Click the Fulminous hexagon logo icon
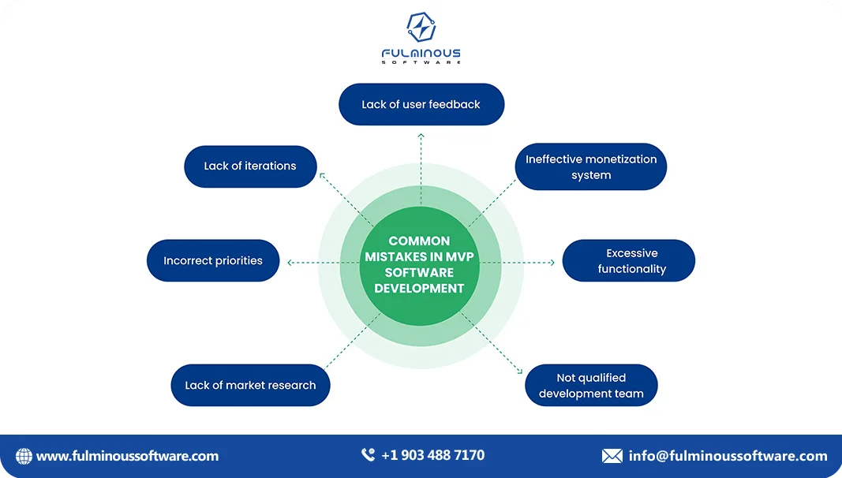click(421, 28)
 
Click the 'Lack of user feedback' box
click(421, 104)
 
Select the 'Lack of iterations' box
click(250, 166)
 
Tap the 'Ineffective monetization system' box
click(591, 167)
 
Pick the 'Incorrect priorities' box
click(213, 261)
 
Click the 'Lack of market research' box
click(250, 386)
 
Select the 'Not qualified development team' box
click(591, 386)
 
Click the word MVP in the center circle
click(458, 256)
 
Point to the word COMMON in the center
click(419, 241)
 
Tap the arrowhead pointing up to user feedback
click(421, 136)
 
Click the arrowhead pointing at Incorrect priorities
click(290, 262)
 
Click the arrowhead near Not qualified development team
click(518, 370)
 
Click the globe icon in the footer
click(24, 456)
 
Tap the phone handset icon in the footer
click(368, 455)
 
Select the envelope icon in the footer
click(612, 456)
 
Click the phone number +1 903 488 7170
click(432, 455)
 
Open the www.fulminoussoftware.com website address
click(127, 456)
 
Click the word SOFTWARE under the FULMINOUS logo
click(421, 62)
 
